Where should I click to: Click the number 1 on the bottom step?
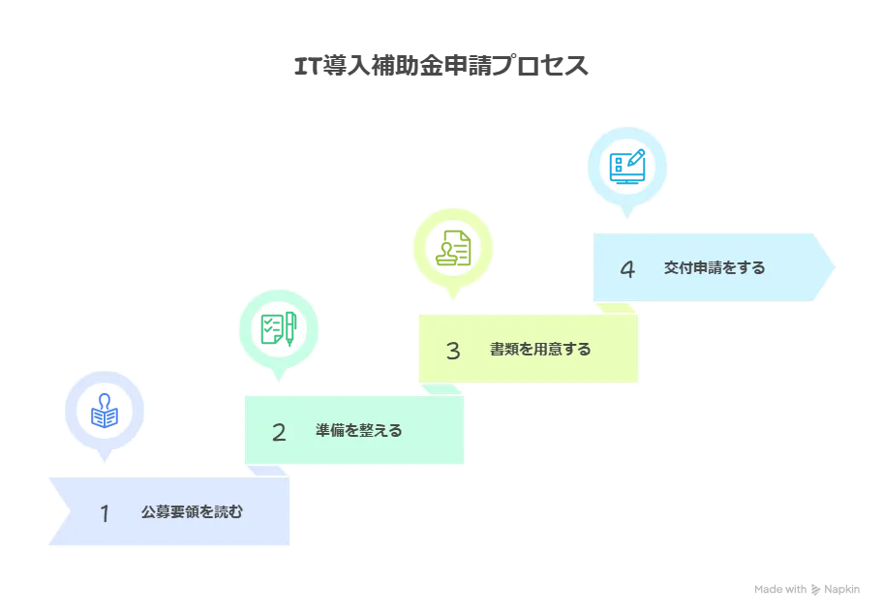click(105, 513)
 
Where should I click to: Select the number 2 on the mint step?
click(279, 432)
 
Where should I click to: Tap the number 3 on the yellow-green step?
click(452, 351)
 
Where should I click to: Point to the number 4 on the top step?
click(627, 269)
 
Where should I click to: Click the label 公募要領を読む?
click(192, 512)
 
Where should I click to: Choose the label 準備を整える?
click(358, 431)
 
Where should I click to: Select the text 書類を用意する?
click(540, 350)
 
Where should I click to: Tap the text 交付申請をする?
click(715, 267)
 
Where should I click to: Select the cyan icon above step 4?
click(627, 167)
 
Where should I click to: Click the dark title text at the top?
click(443, 66)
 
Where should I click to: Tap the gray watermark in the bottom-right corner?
click(805, 588)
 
